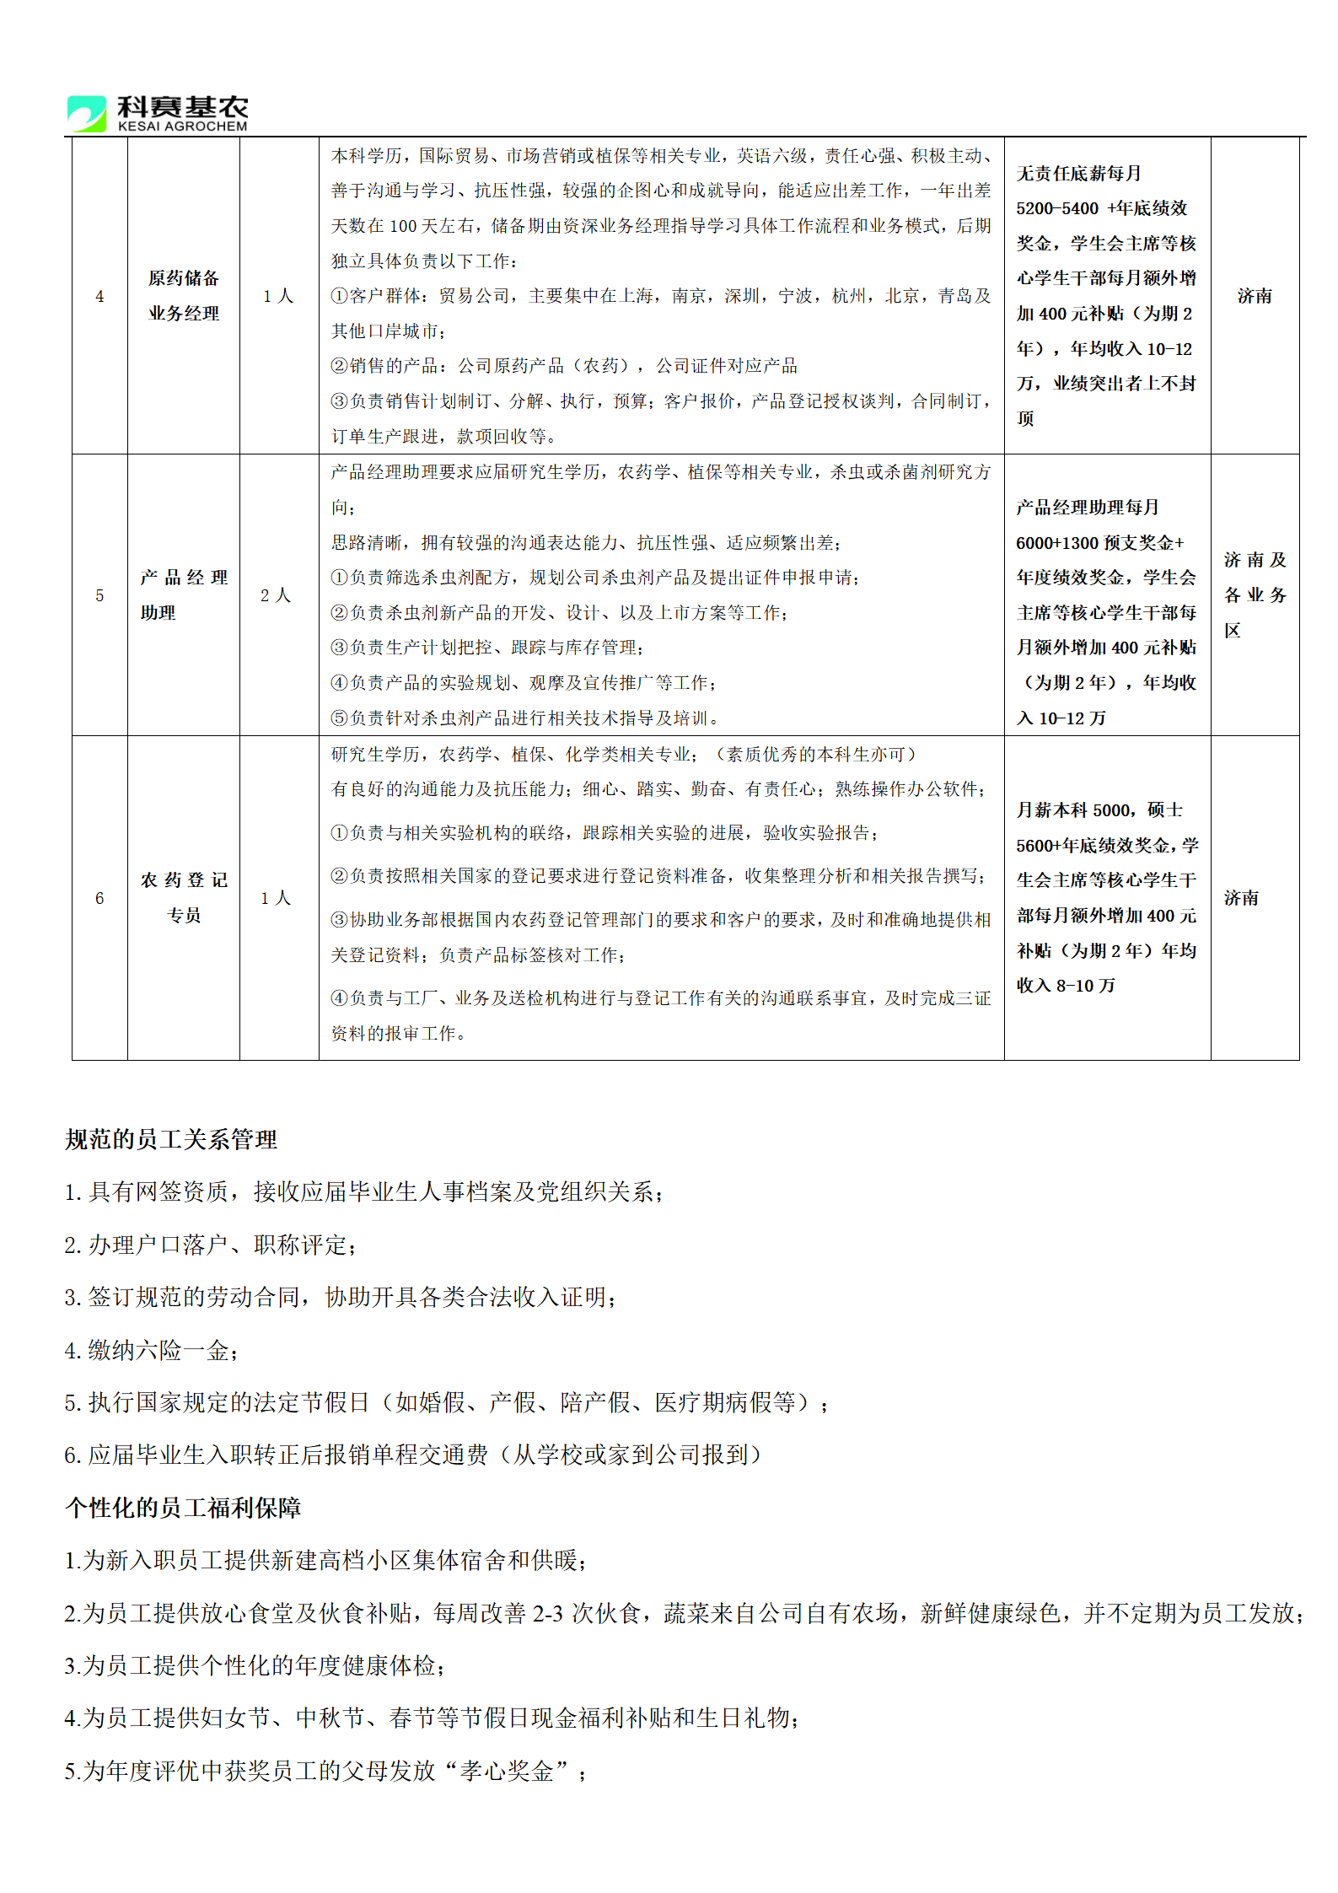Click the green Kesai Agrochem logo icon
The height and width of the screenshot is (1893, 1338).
point(87,113)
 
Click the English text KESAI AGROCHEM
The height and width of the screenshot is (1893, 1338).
point(183,126)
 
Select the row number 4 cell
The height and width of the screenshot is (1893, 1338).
point(99,296)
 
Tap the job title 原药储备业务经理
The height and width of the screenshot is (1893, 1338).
point(184,295)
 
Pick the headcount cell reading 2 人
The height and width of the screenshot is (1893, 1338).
point(276,595)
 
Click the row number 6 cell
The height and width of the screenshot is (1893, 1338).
point(99,898)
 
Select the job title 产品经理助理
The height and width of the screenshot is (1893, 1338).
point(184,594)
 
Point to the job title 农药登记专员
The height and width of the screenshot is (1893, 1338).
point(184,897)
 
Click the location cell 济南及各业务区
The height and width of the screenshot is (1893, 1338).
point(1255,594)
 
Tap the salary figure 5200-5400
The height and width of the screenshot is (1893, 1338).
point(1057,208)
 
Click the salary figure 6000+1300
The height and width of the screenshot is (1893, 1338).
point(1057,543)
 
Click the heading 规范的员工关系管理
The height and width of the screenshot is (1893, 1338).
point(171,1140)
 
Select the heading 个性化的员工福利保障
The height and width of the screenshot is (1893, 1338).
point(183,1508)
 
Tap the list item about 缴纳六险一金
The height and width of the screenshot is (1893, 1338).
point(152,1351)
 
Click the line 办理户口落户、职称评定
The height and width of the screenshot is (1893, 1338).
point(211,1245)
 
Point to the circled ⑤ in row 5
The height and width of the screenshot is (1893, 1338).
point(339,718)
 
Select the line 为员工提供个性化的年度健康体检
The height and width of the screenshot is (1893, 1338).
point(255,1666)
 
